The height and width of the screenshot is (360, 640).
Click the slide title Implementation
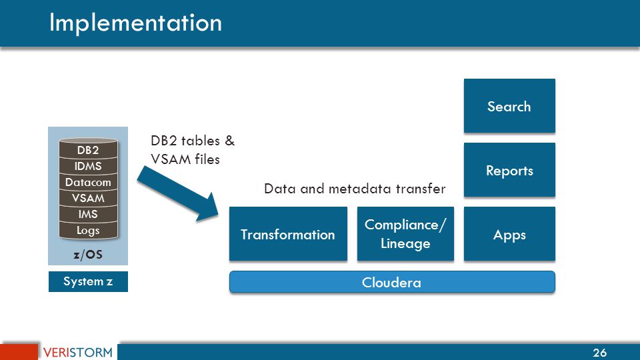click(135, 23)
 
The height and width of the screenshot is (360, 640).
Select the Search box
click(509, 106)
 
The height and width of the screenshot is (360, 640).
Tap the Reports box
click(509, 170)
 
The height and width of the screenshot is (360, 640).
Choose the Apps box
click(509, 234)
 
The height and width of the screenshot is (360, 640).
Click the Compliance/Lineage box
click(405, 234)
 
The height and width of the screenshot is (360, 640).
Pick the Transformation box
click(288, 234)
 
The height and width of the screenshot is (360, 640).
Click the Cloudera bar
click(392, 282)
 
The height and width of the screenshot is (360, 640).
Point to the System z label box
click(88, 281)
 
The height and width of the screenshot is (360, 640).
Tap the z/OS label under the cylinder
click(88, 254)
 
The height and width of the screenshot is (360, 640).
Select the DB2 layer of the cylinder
click(88, 150)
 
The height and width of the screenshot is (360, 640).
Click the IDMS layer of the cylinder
click(88, 166)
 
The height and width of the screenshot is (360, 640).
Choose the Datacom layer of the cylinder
click(88, 182)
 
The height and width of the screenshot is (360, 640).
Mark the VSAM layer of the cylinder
click(88, 198)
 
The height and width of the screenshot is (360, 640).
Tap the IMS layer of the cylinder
click(88, 214)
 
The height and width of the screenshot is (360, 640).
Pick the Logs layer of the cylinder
click(88, 231)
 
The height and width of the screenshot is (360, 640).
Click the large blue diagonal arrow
click(179, 194)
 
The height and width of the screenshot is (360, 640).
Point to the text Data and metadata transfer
click(355, 189)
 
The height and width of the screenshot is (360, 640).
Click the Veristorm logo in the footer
click(77, 352)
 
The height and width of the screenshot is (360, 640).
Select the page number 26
click(599, 353)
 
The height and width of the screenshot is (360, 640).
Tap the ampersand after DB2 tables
click(230, 141)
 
